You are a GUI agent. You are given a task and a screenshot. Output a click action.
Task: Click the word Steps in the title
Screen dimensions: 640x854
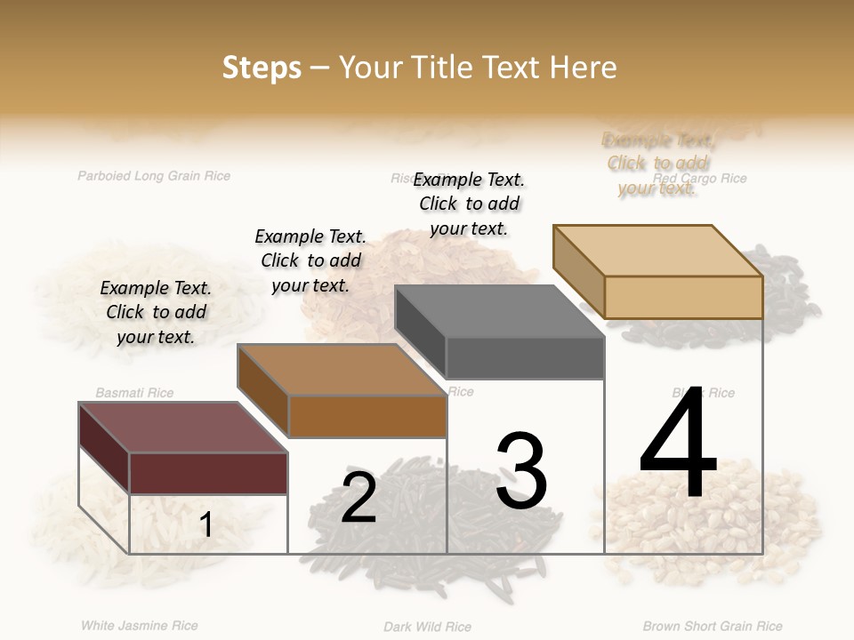(262, 68)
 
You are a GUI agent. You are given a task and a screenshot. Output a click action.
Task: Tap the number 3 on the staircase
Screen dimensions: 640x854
(521, 471)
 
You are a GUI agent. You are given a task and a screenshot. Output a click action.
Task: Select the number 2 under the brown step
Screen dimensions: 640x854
(359, 498)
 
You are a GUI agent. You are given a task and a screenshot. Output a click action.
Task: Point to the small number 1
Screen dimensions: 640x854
(205, 524)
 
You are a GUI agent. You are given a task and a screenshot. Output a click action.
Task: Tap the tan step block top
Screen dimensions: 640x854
(658, 251)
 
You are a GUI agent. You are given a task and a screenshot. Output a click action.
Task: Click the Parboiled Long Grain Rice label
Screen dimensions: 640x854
(154, 176)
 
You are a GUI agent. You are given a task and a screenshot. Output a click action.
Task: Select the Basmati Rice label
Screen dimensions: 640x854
(134, 393)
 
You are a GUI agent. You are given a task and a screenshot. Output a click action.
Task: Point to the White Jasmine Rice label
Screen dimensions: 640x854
(140, 626)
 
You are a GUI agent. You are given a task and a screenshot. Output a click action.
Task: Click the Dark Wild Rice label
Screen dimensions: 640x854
(427, 627)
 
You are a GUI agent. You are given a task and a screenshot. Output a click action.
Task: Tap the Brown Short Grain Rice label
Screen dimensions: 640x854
(713, 627)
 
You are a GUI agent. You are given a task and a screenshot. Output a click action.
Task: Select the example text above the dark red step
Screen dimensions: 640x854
(156, 312)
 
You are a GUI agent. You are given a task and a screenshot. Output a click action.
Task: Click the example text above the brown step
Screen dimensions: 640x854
(310, 260)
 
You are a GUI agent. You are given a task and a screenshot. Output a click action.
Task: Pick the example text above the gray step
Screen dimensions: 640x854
(469, 204)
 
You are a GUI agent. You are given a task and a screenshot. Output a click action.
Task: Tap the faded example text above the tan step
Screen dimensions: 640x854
(658, 164)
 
